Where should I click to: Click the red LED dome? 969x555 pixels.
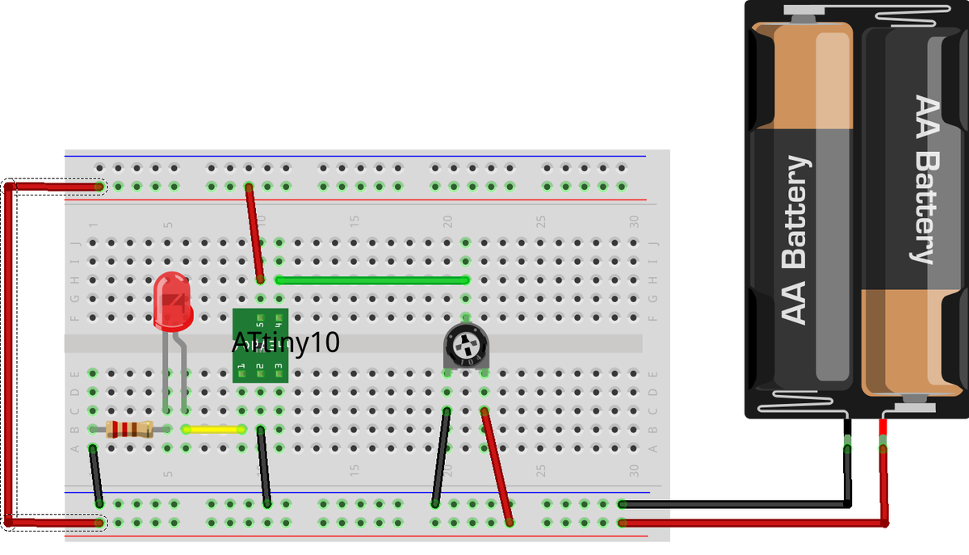[172, 301]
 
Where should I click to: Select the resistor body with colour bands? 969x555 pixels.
[129, 429]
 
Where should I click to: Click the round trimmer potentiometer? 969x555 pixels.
[466, 349]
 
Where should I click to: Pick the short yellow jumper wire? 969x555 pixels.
[214, 429]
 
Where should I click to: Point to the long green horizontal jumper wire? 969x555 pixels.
[371, 280]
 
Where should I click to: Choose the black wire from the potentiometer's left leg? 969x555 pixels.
[440, 456]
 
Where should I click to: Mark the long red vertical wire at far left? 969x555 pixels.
[8, 355]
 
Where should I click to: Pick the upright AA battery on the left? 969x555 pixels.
[799, 210]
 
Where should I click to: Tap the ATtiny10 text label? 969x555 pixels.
[286, 343]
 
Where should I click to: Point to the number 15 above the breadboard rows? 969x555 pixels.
[354, 221]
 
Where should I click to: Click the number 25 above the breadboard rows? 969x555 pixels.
[541, 221]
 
